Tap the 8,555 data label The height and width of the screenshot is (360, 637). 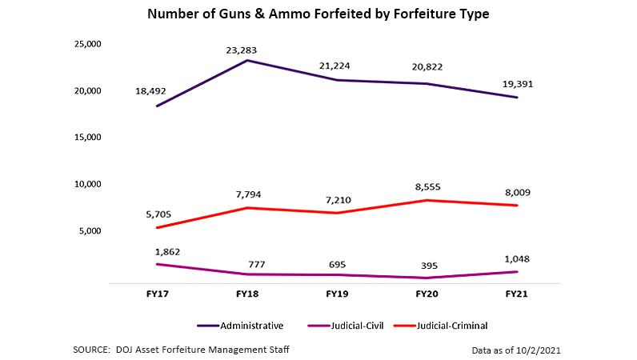point(428,186)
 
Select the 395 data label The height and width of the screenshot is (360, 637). point(428,265)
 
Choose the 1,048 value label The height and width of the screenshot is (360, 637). point(518,258)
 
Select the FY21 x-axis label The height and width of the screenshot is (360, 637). point(517,294)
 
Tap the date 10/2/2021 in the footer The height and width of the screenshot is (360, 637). point(554,350)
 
